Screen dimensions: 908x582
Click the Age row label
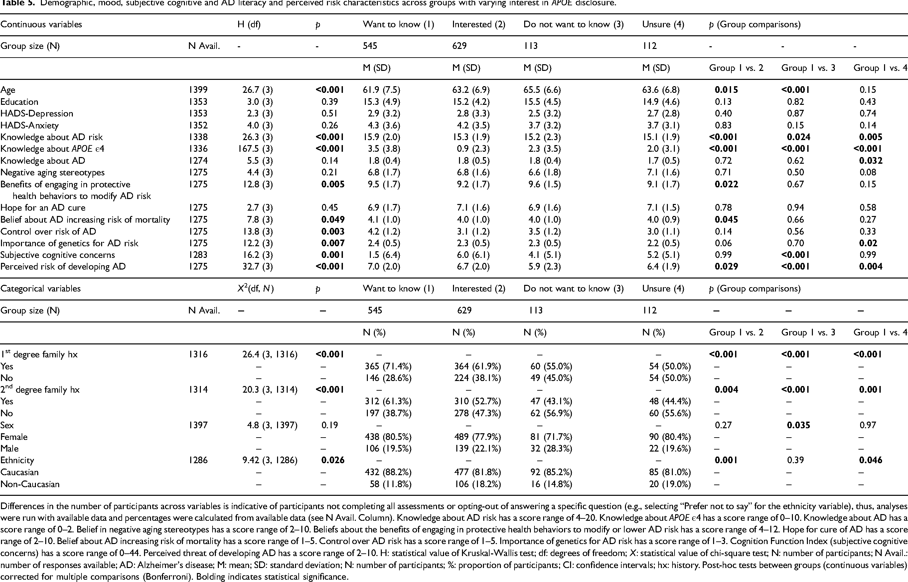click(8, 90)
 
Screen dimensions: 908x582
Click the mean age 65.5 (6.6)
click(542, 90)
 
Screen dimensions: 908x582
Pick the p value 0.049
click(333, 220)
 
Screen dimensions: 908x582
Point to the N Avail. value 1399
click(198, 90)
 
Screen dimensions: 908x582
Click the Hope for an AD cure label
click(43, 208)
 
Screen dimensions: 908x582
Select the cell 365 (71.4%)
click(388, 366)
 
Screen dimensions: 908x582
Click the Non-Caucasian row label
click(30, 484)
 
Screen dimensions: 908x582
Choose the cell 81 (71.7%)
click(551, 437)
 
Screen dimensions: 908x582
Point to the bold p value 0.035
click(799, 425)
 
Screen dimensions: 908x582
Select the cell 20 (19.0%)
click(670, 484)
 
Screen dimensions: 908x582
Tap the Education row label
click(19, 102)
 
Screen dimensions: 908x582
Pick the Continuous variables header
click(41, 25)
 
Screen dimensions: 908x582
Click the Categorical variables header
click(41, 289)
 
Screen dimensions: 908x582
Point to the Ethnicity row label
click(17, 460)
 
